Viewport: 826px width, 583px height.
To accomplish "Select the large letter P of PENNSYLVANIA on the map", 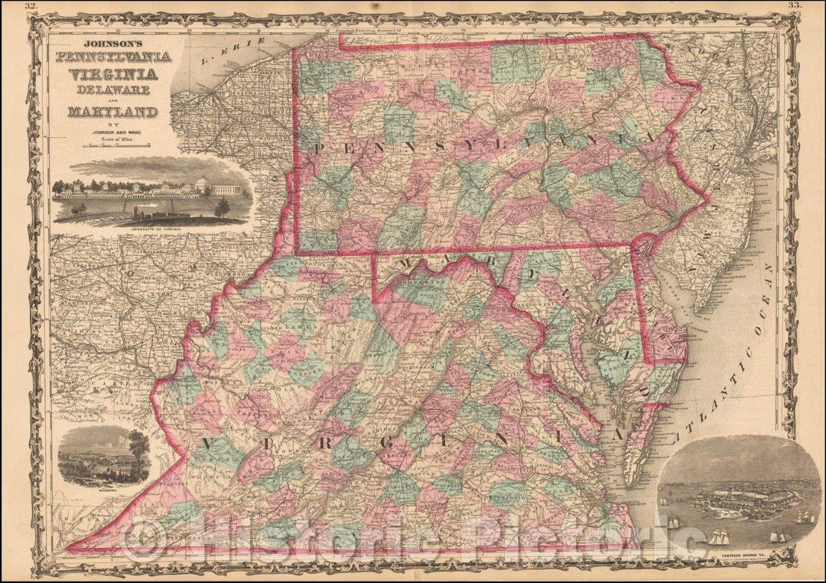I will click(319, 145).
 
